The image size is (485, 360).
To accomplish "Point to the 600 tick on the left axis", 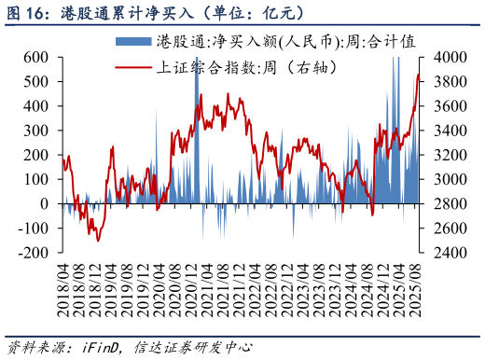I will point(35,57).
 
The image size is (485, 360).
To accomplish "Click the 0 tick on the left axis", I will point(44,203).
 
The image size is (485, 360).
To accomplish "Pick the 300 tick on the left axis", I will point(35,131).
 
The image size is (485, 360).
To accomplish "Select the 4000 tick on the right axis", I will point(443,57).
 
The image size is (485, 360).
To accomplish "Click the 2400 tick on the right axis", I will point(443,253).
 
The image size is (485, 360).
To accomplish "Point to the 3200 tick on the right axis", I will point(443,155).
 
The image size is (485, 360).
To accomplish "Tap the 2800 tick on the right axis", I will point(443,203).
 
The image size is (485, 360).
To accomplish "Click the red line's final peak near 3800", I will point(418,75).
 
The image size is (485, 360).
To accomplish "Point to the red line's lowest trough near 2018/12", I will point(97,240).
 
